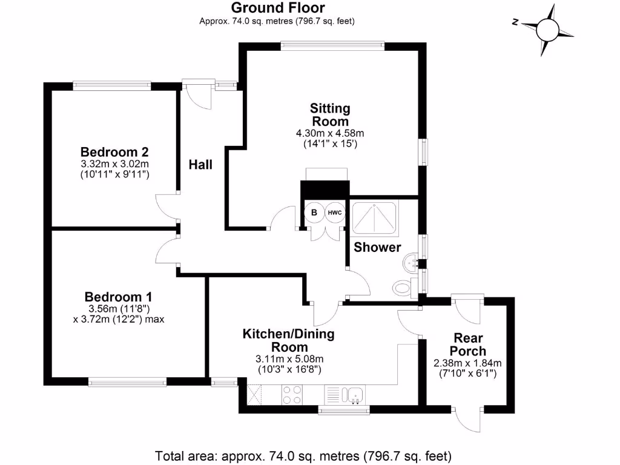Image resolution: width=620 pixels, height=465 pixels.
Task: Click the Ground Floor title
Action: (x=277, y=8)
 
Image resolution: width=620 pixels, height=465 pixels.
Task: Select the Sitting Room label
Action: (x=330, y=114)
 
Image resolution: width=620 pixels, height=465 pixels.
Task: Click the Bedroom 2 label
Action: (x=115, y=151)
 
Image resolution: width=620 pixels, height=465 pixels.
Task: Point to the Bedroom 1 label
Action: (x=118, y=297)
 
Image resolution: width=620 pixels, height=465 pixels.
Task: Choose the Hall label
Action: (x=200, y=165)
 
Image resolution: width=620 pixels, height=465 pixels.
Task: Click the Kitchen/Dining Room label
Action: (x=288, y=340)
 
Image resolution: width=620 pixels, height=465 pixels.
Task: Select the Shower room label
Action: (x=377, y=247)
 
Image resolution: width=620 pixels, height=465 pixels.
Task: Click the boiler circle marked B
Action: (x=314, y=213)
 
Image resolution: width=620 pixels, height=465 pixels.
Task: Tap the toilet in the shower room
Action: (x=402, y=286)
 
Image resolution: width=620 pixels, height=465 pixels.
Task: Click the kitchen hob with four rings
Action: (x=293, y=395)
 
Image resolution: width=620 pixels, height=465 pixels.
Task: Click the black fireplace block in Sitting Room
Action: (x=326, y=190)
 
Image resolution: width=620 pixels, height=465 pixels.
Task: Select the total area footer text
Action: (x=303, y=455)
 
